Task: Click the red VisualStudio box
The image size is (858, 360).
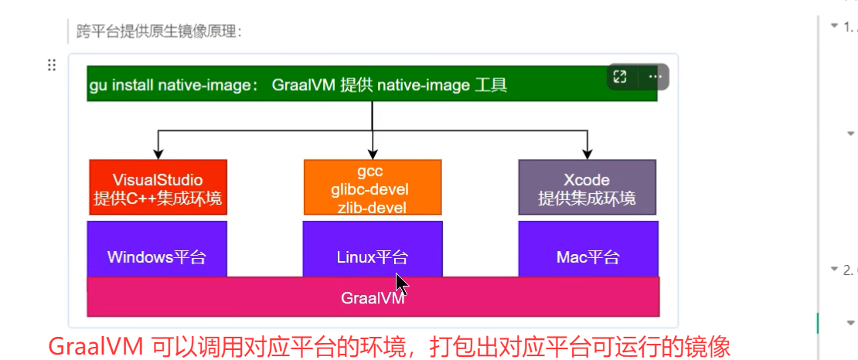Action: coord(158,187)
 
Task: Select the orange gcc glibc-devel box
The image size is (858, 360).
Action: coord(373,187)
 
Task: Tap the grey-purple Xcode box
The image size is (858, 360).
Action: coord(587,187)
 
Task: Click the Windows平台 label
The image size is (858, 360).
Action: coord(157,257)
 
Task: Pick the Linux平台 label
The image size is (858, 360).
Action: coord(373,257)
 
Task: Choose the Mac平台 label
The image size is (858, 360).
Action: coord(587,257)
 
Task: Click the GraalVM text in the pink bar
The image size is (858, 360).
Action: coord(373,297)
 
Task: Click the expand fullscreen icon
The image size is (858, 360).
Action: coord(619,76)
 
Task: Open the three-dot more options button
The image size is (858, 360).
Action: coord(655,76)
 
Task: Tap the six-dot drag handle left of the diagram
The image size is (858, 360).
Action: coord(52,65)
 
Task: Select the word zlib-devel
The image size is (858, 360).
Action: coord(373,206)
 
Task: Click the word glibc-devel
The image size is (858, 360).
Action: coord(373,188)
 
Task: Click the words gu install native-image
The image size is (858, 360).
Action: coord(173,85)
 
